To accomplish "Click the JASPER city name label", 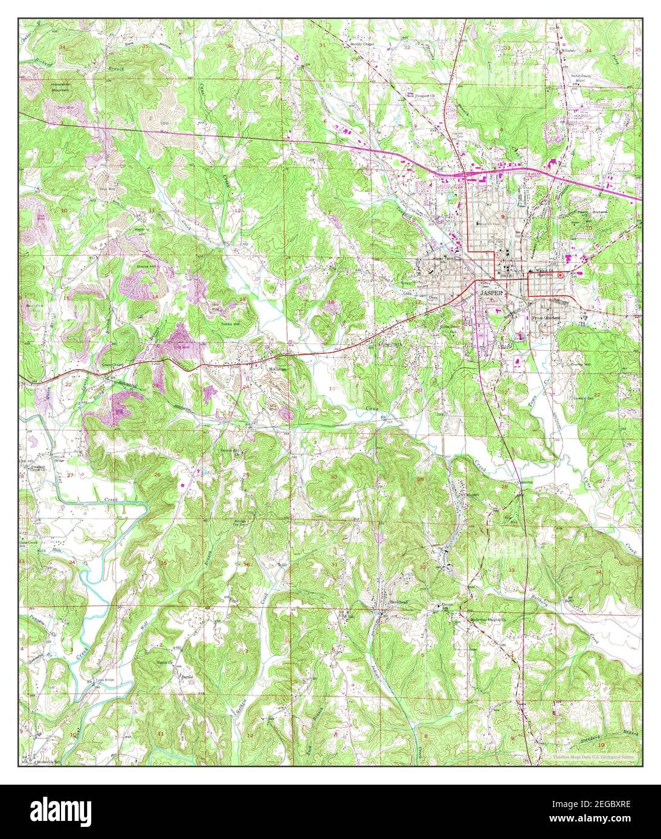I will pyautogui.click(x=491, y=292).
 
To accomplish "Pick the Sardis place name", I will pyautogui.click(x=187, y=677).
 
